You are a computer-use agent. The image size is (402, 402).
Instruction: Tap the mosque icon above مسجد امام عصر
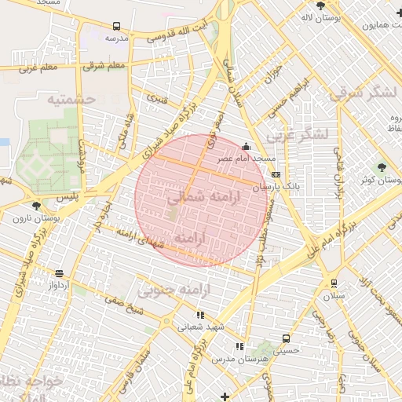pyautogui.click(x=247, y=145)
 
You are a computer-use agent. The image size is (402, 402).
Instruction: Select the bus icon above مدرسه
pyautogui.click(x=117, y=25)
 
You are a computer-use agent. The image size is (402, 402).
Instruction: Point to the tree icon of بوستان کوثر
pyautogui.click(x=381, y=166)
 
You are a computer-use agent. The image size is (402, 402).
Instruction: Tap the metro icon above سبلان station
pyautogui.click(x=334, y=283)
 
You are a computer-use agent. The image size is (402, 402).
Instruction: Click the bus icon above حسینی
pyautogui.click(x=286, y=338)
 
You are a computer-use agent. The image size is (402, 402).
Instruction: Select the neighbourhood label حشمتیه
pyautogui.click(x=71, y=100)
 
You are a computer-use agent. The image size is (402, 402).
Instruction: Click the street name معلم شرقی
pyautogui.click(x=104, y=65)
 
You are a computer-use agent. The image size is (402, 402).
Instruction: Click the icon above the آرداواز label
pyautogui.click(x=60, y=273)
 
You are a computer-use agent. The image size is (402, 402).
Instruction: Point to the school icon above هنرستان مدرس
pyautogui.click(x=239, y=346)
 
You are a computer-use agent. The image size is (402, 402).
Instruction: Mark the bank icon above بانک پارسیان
pyautogui.click(x=275, y=174)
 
